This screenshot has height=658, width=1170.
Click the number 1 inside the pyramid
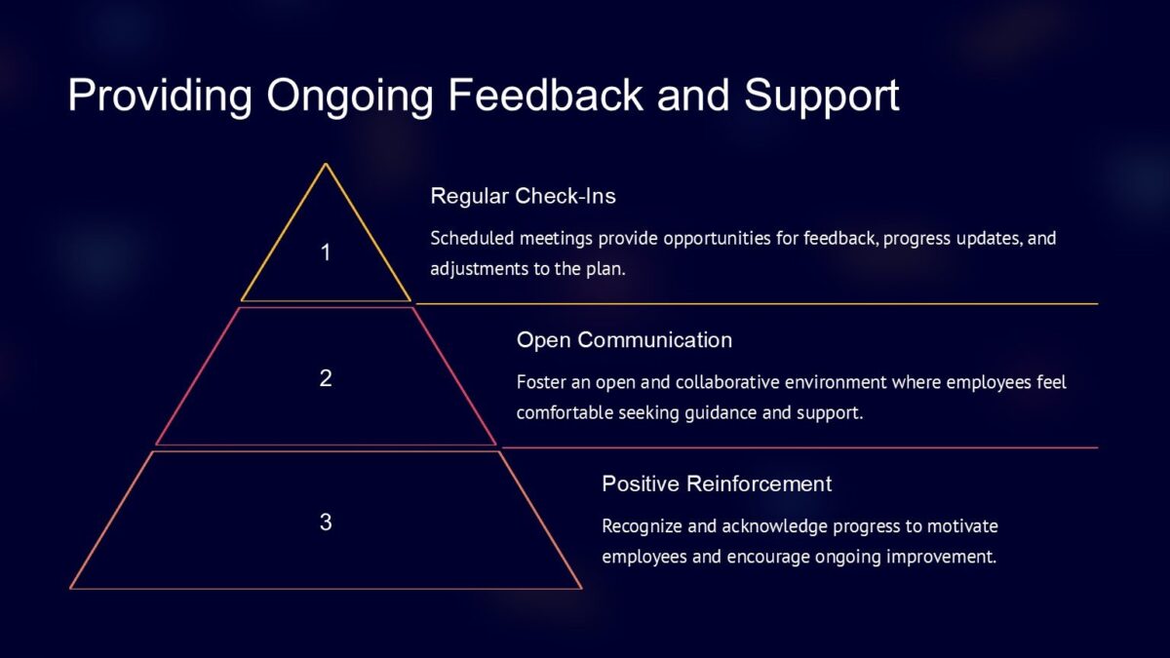click(326, 253)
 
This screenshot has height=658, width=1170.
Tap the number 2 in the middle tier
click(326, 378)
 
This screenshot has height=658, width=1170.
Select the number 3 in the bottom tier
click(326, 523)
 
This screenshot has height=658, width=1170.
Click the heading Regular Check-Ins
click(523, 196)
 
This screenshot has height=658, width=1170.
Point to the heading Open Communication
click(624, 340)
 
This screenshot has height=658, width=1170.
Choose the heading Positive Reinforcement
click(717, 484)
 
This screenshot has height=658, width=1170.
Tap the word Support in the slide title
click(822, 97)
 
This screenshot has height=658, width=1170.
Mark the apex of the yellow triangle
click(326, 164)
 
